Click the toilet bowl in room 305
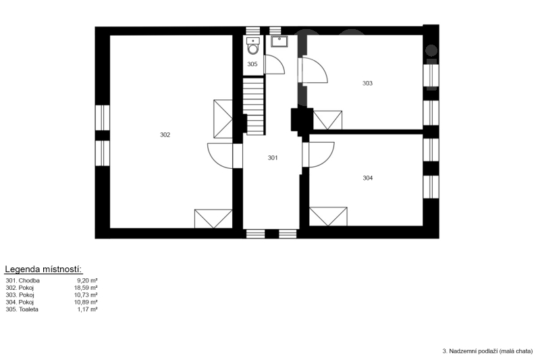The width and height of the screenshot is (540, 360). [253, 46]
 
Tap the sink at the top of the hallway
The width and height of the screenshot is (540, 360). [279, 41]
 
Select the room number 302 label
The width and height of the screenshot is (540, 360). [165, 134]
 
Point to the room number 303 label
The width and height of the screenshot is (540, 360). [367, 83]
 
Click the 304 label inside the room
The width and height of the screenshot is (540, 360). [368, 178]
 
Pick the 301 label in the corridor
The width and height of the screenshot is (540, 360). [273, 158]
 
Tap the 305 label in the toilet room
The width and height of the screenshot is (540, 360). [252, 64]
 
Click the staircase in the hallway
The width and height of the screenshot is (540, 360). [254, 106]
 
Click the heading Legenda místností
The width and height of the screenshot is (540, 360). [43, 269]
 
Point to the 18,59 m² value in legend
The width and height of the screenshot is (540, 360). [86, 288]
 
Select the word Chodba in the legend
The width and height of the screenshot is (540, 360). [29, 280]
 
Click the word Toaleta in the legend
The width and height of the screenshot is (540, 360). [28, 309]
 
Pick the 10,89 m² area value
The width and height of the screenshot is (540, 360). [86, 302]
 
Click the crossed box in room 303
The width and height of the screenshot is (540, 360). [327, 120]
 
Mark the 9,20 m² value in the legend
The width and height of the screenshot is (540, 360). [88, 280]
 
